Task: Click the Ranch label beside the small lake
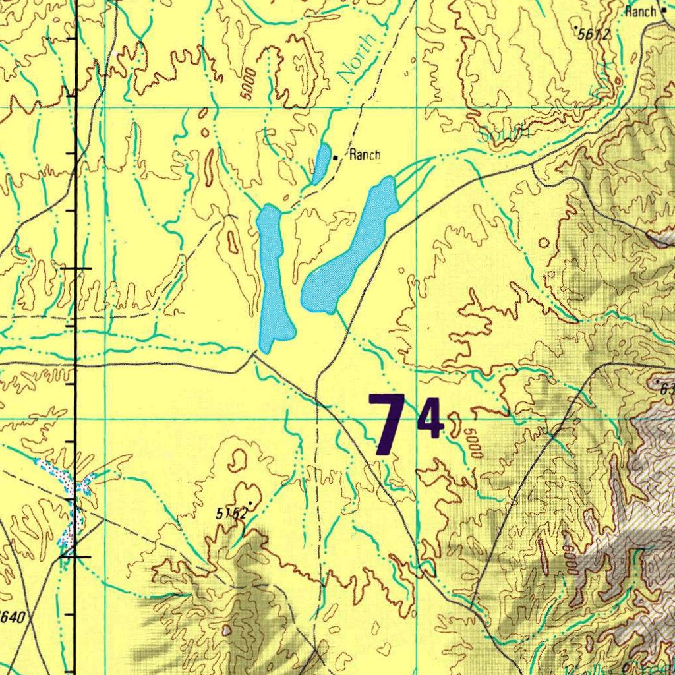[x=365, y=156]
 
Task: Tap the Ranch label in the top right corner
[x=640, y=11]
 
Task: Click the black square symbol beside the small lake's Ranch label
[x=336, y=158]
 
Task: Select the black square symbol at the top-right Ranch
[x=664, y=11]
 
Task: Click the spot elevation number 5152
[x=231, y=513]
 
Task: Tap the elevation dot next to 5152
[x=250, y=504]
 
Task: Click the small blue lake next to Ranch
[x=321, y=163]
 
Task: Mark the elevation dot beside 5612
[x=575, y=28]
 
